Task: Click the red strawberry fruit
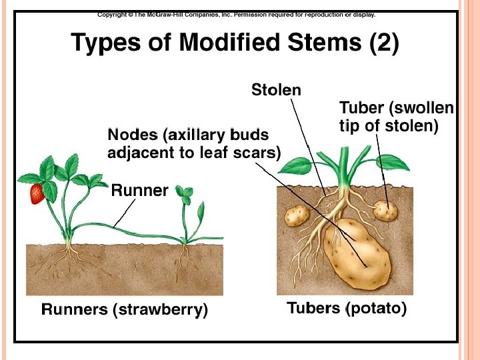37,193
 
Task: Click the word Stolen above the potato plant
276,90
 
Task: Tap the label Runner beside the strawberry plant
139,191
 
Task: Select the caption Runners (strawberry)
125,309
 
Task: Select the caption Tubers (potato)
347,309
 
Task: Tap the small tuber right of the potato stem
385,211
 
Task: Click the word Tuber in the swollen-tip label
361,108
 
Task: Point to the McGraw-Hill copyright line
237,14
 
